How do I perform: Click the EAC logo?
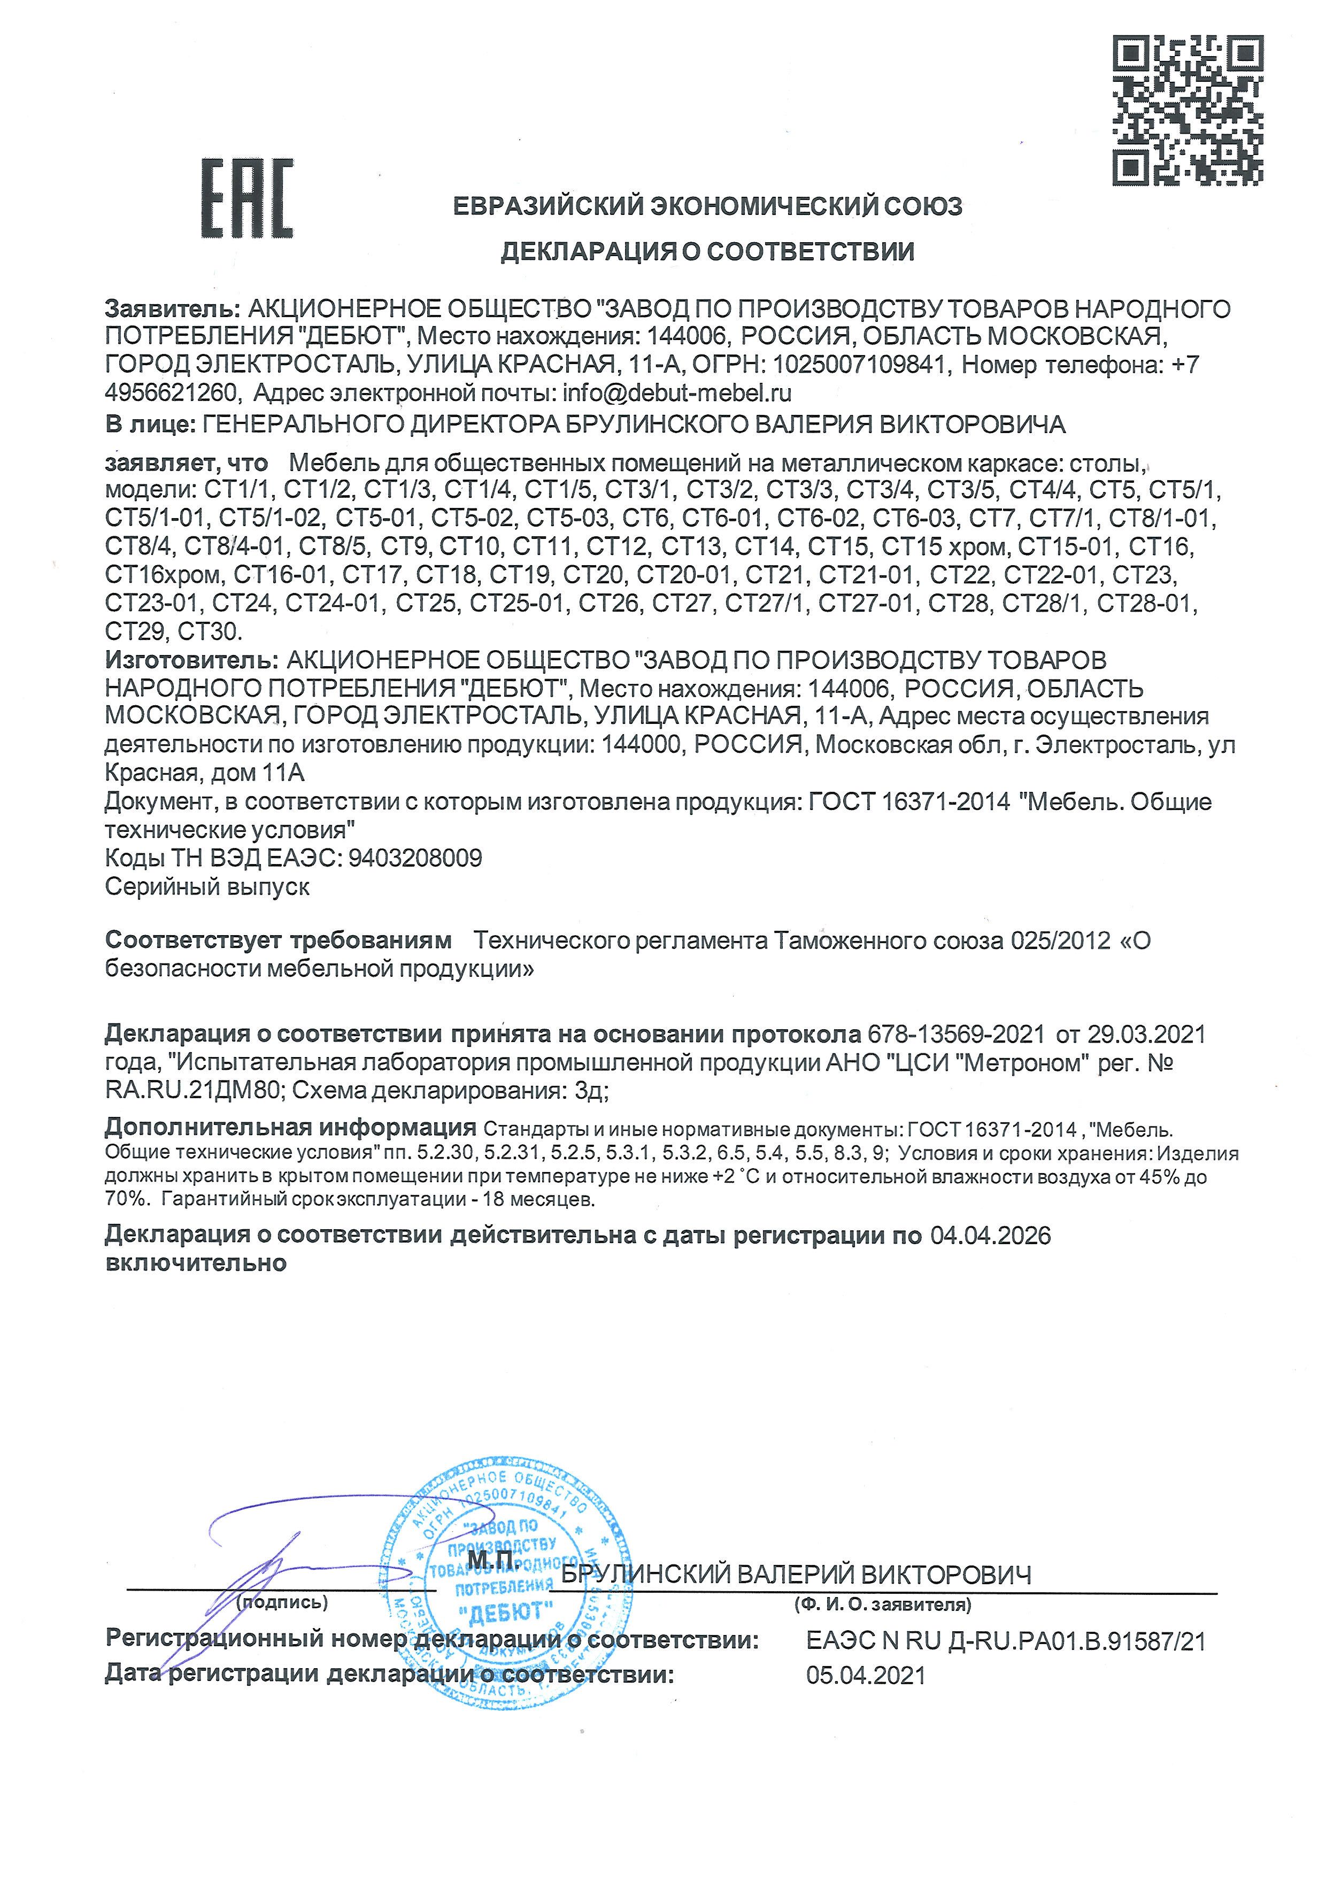tap(246, 199)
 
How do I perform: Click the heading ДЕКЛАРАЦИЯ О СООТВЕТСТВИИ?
tap(707, 252)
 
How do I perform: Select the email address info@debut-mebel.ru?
tap(676, 394)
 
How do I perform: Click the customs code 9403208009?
tap(415, 858)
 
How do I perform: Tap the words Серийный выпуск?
tap(207, 887)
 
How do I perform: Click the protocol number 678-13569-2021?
tap(955, 1035)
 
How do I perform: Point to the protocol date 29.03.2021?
tap(1146, 1035)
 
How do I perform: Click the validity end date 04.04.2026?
tap(990, 1235)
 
